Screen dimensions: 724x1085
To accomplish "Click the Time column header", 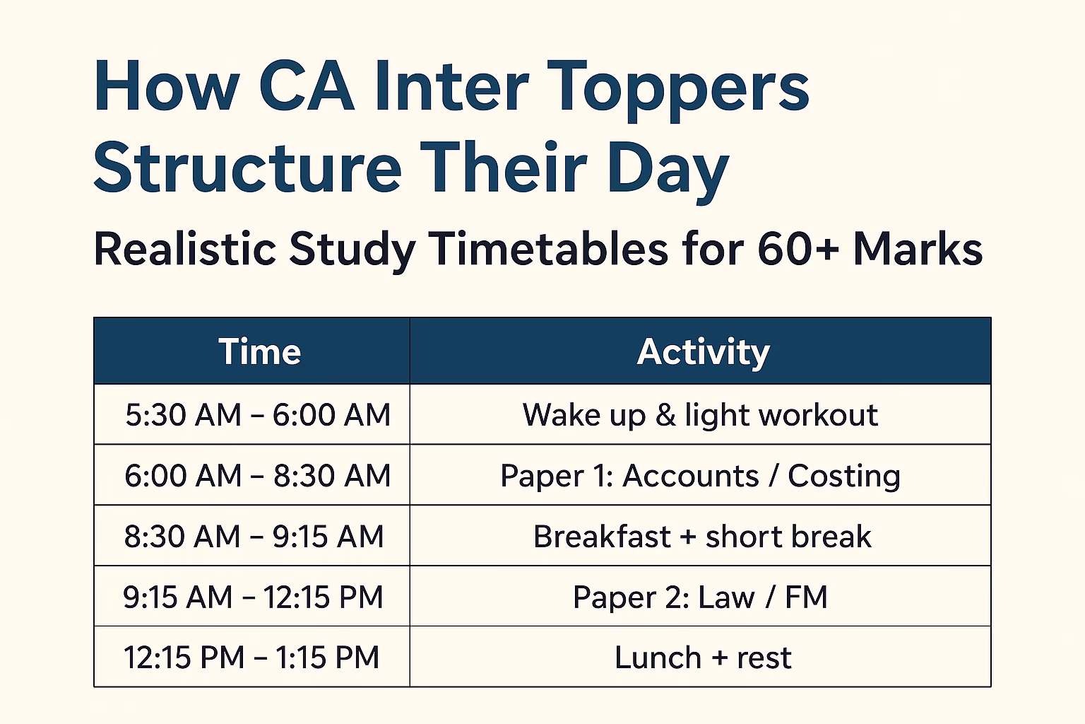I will click(259, 351).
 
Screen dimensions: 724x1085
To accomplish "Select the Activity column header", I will click(703, 351).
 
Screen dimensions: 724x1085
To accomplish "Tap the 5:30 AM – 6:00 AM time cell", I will click(257, 415).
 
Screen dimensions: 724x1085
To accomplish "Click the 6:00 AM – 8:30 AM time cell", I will click(257, 476).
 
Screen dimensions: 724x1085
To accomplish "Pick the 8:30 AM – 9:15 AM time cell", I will click(254, 537).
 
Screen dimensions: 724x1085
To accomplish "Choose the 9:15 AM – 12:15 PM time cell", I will click(253, 597).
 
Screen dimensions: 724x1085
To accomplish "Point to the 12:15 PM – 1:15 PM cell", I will click(251, 658).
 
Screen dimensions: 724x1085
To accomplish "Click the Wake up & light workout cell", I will click(700, 415).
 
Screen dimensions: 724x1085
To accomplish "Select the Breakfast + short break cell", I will click(701, 537).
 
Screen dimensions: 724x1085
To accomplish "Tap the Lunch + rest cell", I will click(703, 658).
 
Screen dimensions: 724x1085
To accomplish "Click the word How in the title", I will click(166, 86).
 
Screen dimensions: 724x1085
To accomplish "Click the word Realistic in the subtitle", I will click(185, 250).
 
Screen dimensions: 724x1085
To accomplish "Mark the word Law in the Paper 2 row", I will click(726, 597).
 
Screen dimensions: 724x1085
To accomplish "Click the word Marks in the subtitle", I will click(918, 250).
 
